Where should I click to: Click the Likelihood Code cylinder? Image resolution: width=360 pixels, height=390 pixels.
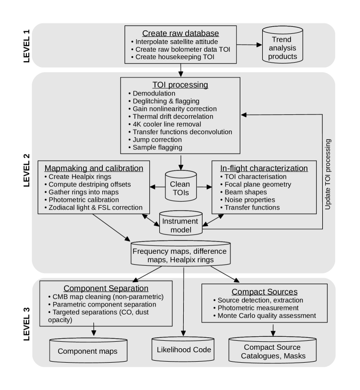coord(183,350)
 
